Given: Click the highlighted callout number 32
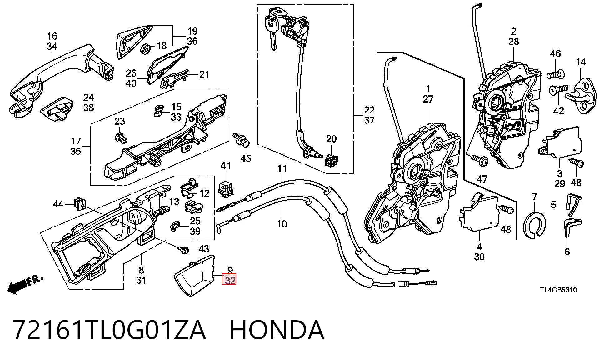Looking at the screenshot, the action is point(229,279).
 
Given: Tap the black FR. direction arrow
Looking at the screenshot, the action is point(25,284).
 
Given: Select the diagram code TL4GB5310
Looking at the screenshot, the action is point(558,290).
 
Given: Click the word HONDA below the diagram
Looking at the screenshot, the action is point(277,330).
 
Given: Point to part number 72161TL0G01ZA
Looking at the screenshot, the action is point(109,330).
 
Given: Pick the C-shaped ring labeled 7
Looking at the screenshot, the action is point(535,224).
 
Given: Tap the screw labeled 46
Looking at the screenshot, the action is point(556,75).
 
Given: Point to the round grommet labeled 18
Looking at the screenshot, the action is point(146,49).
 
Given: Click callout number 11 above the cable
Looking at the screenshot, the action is point(282,169).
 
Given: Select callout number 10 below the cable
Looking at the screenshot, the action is point(282,224).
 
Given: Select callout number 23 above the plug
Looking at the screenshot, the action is point(119,121).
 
